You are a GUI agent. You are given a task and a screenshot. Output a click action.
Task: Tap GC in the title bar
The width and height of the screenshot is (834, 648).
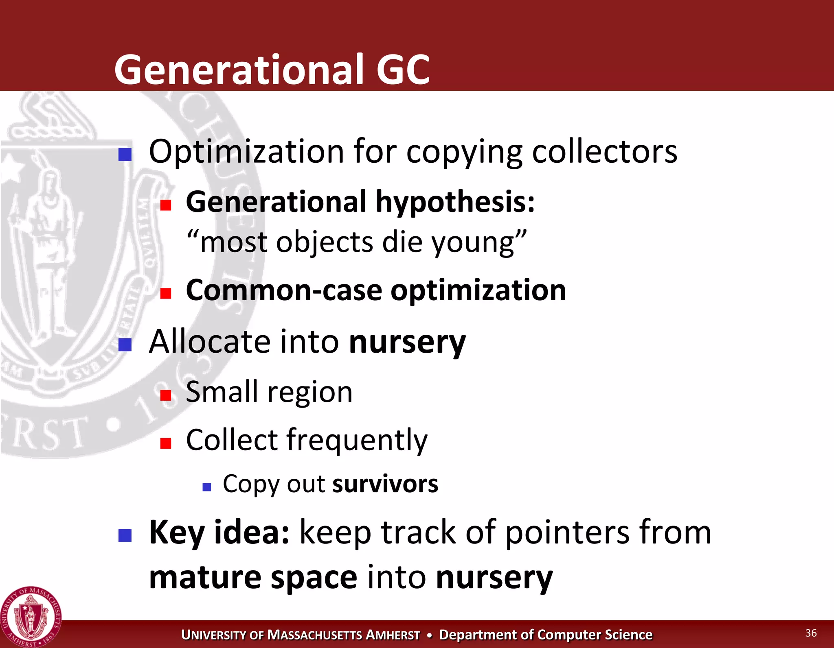tap(403, 70)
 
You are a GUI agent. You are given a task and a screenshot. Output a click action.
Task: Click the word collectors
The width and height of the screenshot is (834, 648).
tap(605, 151)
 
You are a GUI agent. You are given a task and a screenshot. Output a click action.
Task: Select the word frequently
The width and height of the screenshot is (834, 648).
tap(357, 441)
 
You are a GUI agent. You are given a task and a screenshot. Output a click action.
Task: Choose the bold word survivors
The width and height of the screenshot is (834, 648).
tap(385, 484)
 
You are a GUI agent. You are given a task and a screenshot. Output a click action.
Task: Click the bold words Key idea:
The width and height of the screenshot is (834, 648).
tap(219, 532)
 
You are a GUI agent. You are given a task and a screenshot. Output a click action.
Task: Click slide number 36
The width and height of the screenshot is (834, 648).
tap(811, 633)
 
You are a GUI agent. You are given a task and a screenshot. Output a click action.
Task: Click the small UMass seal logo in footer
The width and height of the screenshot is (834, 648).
tap(31, 617)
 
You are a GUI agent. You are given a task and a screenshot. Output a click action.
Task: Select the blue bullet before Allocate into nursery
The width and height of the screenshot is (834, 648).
tap(125, 345)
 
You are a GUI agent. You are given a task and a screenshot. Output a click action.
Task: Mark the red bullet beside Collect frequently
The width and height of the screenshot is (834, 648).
tap(166, 443)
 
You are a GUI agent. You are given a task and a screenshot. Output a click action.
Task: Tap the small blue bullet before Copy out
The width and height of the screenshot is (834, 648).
tap(207, 487)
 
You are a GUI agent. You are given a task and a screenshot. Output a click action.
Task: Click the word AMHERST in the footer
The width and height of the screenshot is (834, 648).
tap(393, 635)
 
